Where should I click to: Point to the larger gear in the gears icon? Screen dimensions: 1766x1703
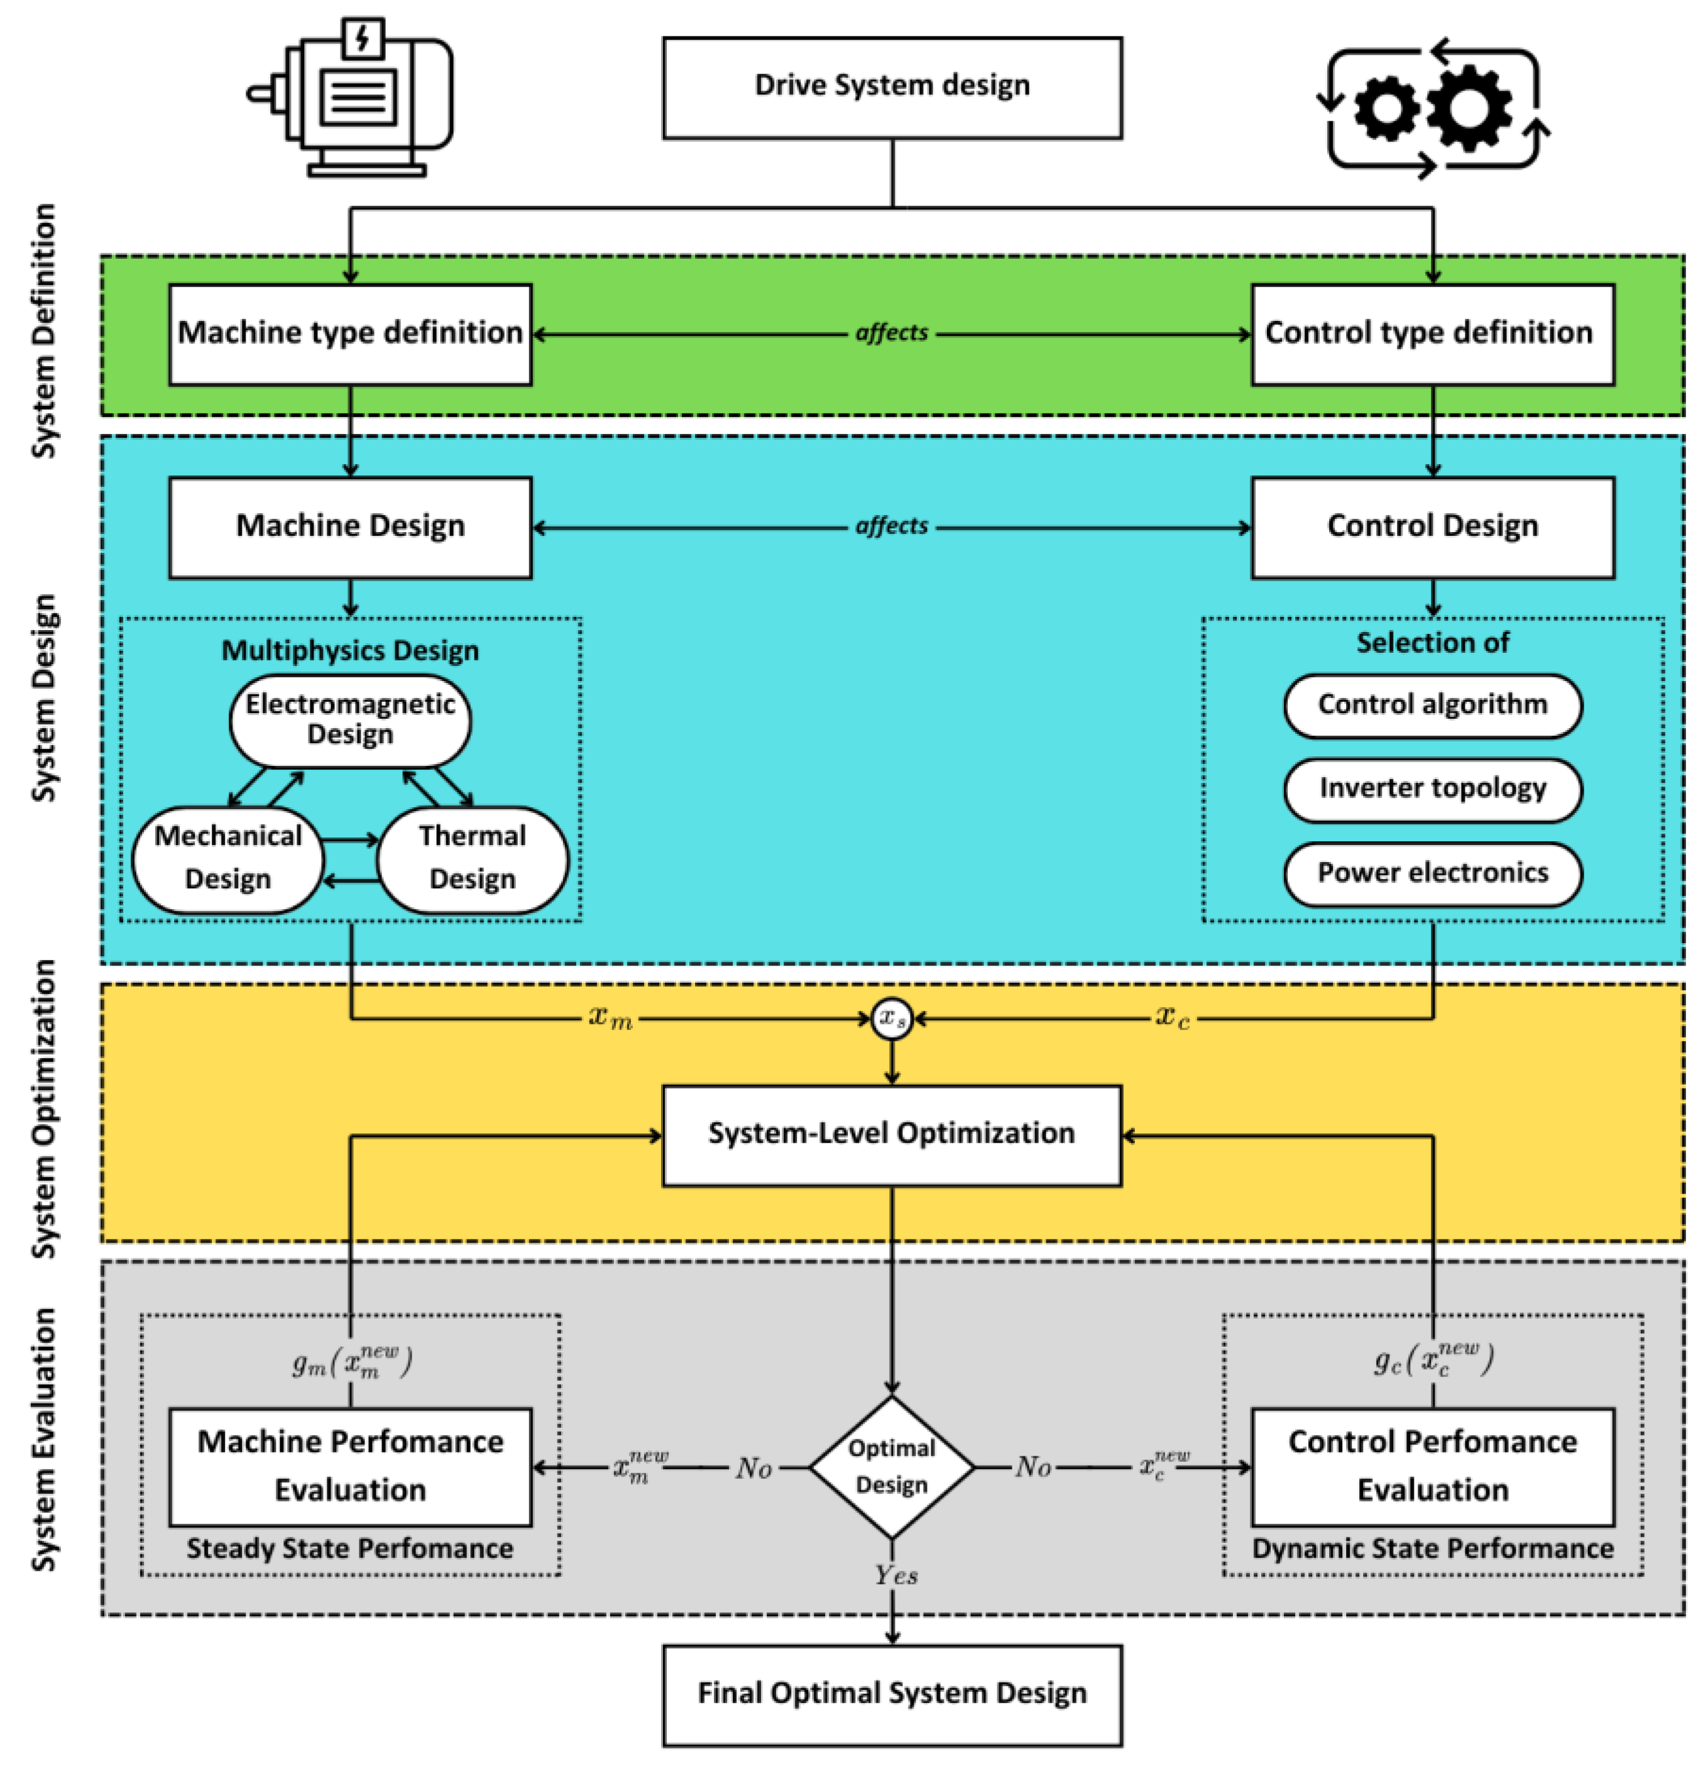(1469, 107)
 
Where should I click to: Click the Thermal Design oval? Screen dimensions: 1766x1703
(472, 858)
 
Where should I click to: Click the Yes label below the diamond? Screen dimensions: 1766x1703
(895, 1575)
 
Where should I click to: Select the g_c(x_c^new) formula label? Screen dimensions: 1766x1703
(1433, 1360)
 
